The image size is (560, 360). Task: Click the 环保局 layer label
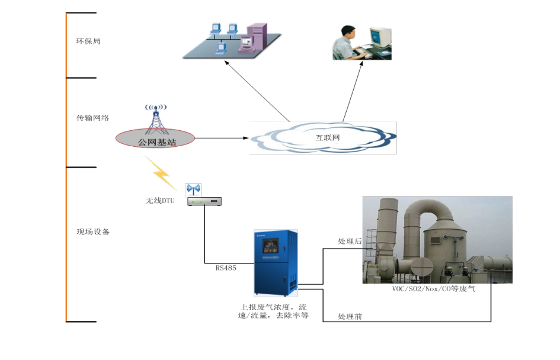88,41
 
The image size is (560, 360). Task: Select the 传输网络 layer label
93,118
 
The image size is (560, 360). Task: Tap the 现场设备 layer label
93,232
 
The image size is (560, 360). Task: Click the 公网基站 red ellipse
155,139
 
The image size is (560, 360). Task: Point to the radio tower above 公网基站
156,118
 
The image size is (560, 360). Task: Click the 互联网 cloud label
328,137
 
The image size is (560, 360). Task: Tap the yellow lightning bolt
161,173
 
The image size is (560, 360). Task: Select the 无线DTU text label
160,201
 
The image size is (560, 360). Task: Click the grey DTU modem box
204,201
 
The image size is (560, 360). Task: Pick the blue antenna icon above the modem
193,189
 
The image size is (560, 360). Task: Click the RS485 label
226,268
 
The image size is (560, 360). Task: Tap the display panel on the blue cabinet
270,246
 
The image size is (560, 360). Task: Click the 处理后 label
350,241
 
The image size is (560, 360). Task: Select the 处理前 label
350,316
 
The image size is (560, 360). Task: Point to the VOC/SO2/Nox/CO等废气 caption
434,288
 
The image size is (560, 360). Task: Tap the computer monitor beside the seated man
380,37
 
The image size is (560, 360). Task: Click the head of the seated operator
348,31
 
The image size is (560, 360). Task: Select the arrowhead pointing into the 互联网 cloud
246,138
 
